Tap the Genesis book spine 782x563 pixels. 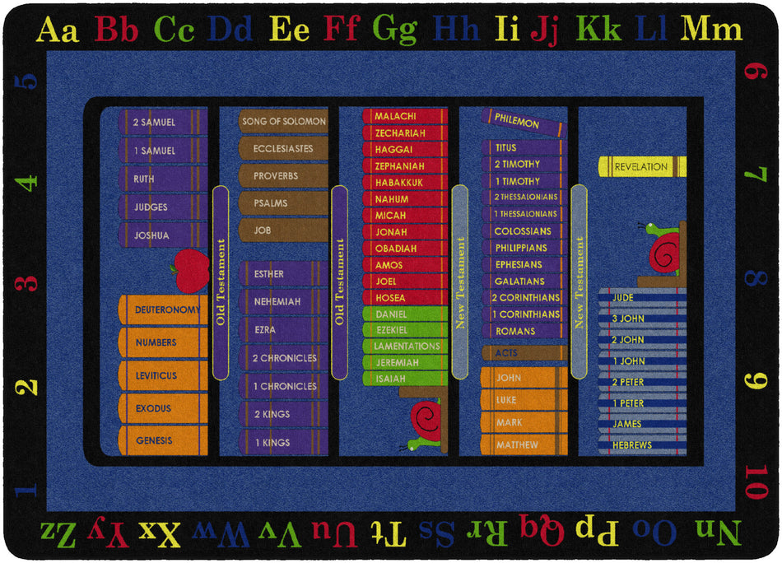point(161,440)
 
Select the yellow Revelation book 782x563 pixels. point(641,167)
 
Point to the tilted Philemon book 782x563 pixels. point(524,123)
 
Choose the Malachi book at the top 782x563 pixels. point(403,117)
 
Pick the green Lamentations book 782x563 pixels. point(403,347)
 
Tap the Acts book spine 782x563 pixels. point(524,352)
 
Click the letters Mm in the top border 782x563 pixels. point(711,30)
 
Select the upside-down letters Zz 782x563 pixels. point(58,533)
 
